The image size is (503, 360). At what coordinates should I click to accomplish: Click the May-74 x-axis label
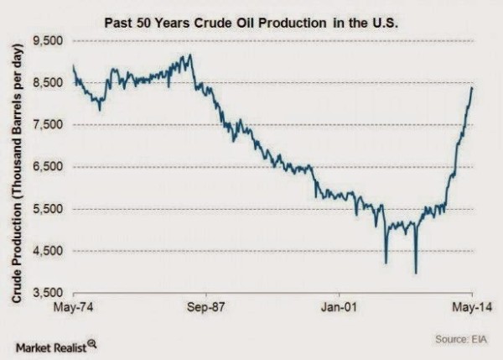74,308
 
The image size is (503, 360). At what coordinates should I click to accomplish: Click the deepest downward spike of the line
416,272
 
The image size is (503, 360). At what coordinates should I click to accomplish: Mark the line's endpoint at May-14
472,87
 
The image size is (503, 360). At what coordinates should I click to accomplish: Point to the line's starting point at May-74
74,66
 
